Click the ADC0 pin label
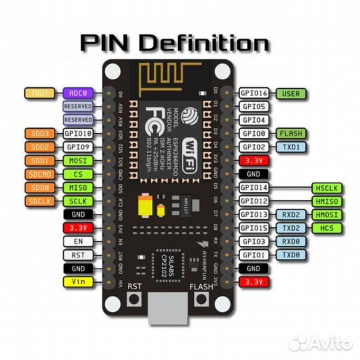[x=79, y=94]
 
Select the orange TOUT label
[x=39, y=94]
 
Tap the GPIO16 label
[x=253, y=94]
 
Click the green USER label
[x=291, y=94]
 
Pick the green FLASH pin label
[x=291, y=133]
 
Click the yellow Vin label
[x=79, y=282]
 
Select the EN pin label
[x=79, y=241]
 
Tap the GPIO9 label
[x=79, y=147]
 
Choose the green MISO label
[x=79, y=187]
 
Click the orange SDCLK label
[x=39, y=201]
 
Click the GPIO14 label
[x=253, y=189]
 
